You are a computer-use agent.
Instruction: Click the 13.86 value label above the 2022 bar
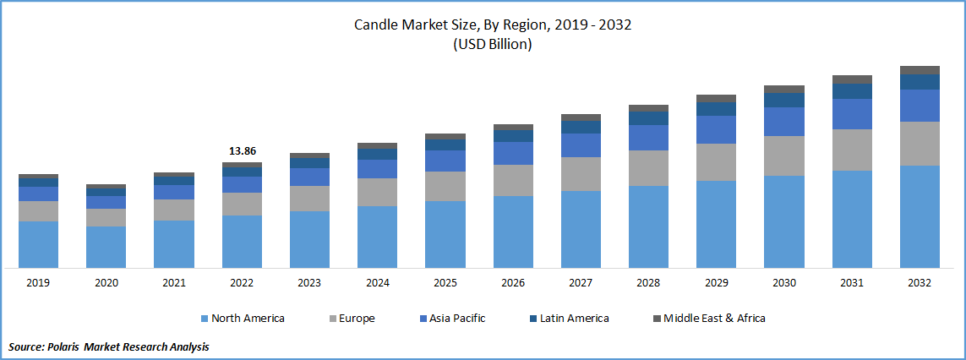[242, 150]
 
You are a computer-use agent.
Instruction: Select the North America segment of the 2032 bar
[920, 216]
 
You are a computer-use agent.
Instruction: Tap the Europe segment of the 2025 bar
[445, 186]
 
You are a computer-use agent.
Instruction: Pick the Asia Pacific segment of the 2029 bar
[716, 129]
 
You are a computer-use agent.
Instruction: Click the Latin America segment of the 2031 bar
[852, 91]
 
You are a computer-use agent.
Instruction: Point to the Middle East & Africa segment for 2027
[581, 117]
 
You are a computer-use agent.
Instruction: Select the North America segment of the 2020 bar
[106, 247]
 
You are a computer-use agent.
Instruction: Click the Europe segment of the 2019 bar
[38, 211]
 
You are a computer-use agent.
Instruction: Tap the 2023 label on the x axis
[309, 283]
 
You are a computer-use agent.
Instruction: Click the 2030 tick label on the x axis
[783, 283]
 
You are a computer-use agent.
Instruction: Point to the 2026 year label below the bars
[512, 283]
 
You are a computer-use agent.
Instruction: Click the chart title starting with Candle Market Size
[493, 25]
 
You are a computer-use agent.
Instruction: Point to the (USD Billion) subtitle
[493, 45]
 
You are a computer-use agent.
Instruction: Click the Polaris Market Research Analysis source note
[109, 346]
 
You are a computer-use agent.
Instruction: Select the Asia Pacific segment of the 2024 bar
[377, 169]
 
